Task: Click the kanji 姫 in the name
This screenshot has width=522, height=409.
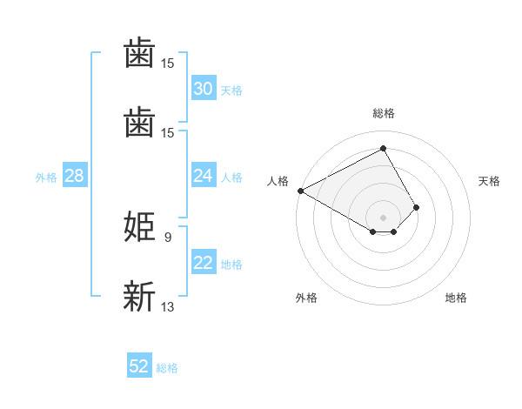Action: coord(140,226)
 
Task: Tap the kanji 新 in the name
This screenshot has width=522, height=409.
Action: coord(140,296)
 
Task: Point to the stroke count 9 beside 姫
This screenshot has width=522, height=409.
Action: coord(167,236)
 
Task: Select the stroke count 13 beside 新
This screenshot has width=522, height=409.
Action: coord(168,306)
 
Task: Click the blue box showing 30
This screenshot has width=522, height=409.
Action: coord(203,89)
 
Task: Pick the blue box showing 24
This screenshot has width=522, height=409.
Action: coord(203,176)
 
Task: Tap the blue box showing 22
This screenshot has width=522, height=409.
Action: coord(203,263)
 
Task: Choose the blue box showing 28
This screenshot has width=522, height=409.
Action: coord(74,176)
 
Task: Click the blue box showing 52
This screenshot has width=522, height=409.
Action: coord(139,366)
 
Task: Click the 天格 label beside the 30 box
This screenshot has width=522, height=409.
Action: coord(231,91)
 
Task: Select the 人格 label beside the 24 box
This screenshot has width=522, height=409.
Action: coord(231,178)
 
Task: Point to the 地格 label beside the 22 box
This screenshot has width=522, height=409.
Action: coord(231,265)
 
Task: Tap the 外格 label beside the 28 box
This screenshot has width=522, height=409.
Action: coord(46,178)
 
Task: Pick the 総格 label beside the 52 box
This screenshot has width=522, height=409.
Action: coord(167,368)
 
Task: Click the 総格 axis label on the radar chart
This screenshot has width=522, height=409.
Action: coord(383,113)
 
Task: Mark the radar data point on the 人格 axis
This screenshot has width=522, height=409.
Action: coord(300,190)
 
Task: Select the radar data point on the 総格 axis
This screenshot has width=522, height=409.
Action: coord(383,149)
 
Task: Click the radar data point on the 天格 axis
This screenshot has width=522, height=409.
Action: coord(417,207)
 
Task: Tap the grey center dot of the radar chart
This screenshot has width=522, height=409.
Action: coord(383,218)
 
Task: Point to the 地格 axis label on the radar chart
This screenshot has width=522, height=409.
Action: coord(456,298)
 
